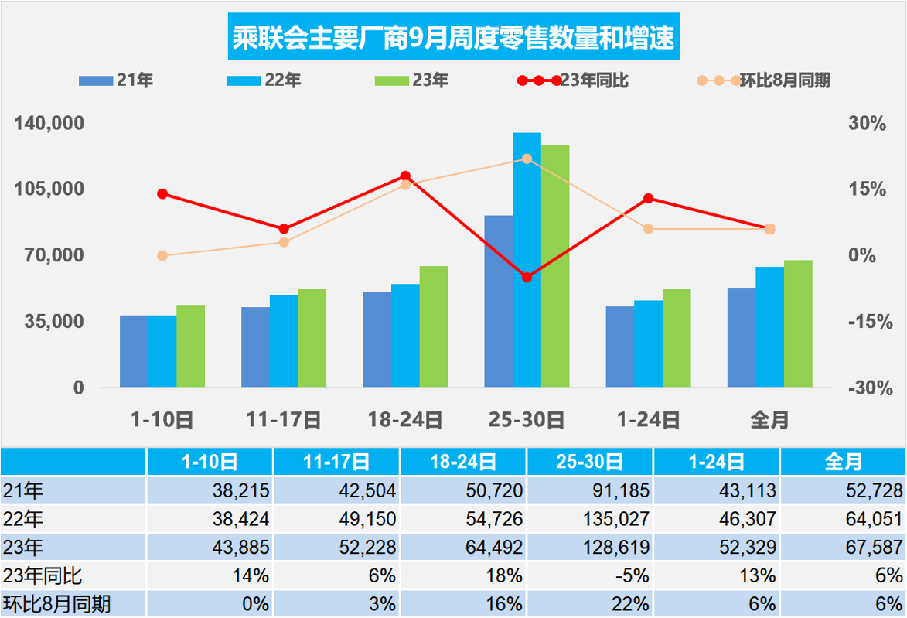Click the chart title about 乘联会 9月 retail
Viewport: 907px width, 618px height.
tap(453, 37)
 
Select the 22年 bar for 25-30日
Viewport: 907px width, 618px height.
tap(527, 259)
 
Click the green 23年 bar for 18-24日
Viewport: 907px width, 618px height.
tap(434, 326)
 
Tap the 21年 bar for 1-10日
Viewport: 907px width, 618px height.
tap(134, 351)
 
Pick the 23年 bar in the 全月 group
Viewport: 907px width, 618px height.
tap(798, 323)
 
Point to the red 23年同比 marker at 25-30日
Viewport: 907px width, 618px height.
tap(527, 277)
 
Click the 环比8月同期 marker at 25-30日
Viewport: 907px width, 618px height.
tap(527, 159)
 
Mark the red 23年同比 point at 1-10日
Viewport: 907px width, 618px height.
tap(162, 193)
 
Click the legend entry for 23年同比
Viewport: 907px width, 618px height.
tap(573, 80)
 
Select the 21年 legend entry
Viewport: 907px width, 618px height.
tap(116, 80)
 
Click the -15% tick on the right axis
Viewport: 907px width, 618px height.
tap(867, 322)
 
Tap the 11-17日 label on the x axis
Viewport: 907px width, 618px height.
tap(284, 420)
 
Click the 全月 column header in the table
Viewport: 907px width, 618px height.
tap(843, 462)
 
